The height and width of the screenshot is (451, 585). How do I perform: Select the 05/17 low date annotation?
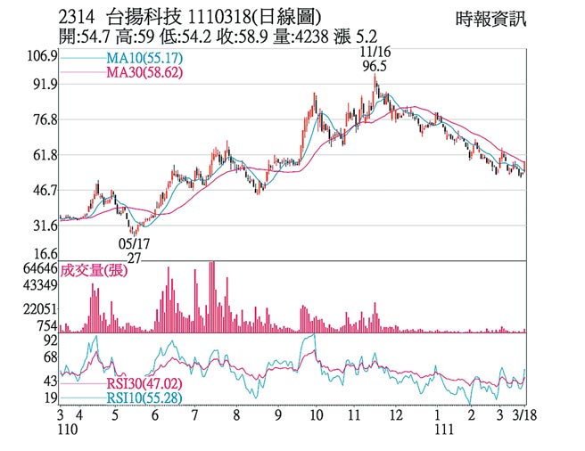point(133,242)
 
